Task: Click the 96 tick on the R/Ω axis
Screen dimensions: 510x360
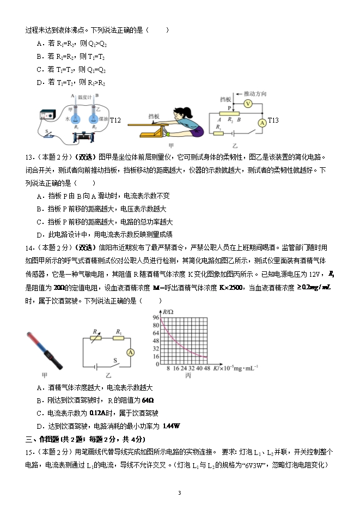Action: tap(156, 317)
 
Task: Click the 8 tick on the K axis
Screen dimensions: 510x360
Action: tap(168, 368)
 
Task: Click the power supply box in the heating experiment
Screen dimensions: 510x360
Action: tap(49, 116)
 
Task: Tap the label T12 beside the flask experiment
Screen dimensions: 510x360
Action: tap(115, 120)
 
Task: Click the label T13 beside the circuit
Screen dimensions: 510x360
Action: tap(273, 120)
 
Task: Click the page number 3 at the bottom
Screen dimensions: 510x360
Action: tap(179, 493)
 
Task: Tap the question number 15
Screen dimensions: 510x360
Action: tap(30, 452)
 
